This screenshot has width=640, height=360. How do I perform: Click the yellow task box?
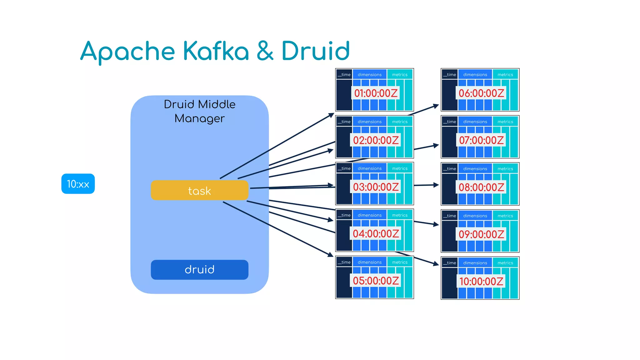199,190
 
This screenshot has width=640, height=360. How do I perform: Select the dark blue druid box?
199,269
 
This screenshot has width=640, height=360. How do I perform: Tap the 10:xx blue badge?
78,184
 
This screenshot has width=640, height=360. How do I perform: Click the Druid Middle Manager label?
199,111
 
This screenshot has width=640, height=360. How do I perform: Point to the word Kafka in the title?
216,51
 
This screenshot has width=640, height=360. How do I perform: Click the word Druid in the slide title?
315,51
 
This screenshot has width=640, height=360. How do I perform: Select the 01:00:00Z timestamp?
376,93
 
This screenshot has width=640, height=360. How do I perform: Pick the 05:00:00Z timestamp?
376,281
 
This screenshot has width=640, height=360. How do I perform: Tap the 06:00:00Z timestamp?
481,93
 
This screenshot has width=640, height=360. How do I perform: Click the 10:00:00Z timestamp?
481,281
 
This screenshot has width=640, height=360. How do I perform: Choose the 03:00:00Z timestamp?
376,187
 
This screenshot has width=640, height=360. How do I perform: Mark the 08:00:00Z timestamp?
481,187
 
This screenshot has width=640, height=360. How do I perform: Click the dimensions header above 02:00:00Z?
369,122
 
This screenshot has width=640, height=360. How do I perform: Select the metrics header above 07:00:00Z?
505,122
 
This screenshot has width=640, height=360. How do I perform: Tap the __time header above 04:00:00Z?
344,215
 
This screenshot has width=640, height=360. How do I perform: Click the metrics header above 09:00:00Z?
505,216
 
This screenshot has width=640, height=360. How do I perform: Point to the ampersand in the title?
265,51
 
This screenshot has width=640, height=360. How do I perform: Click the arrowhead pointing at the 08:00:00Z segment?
436,185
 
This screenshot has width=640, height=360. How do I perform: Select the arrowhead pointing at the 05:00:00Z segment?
331,255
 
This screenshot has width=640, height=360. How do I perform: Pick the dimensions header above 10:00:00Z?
475,263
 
